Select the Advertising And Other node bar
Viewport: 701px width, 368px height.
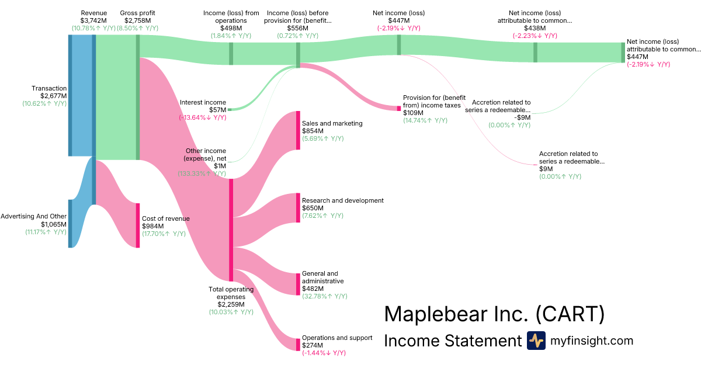pyautogui.click(x=70, y=223)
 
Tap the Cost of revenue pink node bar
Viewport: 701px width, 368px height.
pyautogui.click(x=138, y=225)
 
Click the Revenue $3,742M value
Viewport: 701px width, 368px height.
pyautogui.click(x=93, y=20)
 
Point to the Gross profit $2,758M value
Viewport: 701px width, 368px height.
pyautogui.click(x=137, y=20)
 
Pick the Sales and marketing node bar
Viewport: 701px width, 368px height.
pyautogui.click(x=298, y=130)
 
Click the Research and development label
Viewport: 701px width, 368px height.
pyautogui.click(x=342, y=200)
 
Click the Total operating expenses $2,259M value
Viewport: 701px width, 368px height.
pyautogui.click(x=231, y=304)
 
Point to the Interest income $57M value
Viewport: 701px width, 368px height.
pyautogui.click(x=217, y=110)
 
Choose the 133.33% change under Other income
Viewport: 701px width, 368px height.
pyautogui.click(x=202, y=174)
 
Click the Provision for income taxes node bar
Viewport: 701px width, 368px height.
pyautogui.click(x=399, y=108)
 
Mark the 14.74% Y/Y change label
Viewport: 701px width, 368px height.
pyautogui.click(x=425, y=120)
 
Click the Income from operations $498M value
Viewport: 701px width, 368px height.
pyautogui.click(x=231, y=28)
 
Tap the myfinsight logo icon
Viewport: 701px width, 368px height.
pyautogui.click(x=536, y=341)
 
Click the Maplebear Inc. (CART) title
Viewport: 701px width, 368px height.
pyautogui.click(x=494, y=315)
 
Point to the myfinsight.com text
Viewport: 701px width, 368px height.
pyautogui.click(x=591, y=341)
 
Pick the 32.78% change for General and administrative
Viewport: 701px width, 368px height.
pyautogui.click(x=324, y=296)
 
